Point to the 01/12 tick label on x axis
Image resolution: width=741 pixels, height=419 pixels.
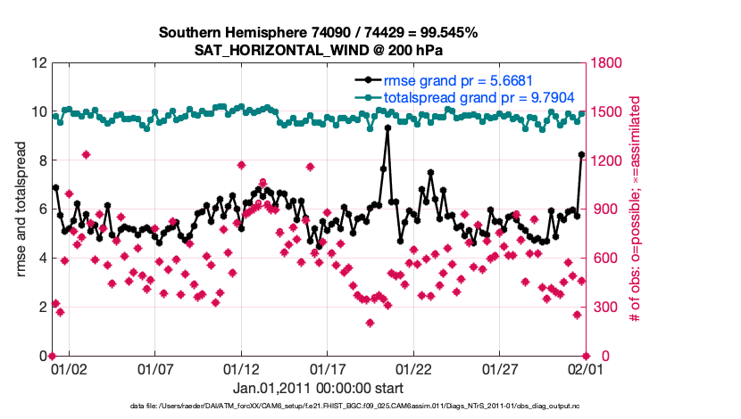(241, 367)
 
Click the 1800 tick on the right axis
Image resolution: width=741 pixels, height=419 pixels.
(606, 63)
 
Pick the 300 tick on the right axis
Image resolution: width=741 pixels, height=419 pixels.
(603, 308)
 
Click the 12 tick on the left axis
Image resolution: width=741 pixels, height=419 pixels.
(38, 63)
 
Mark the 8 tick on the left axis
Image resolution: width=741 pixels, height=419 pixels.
(42, 161)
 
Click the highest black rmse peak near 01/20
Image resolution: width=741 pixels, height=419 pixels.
(387, 127)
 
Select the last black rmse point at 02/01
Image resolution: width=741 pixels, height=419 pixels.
(581, 155)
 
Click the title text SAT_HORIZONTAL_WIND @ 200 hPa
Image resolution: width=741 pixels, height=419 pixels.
(319, 51)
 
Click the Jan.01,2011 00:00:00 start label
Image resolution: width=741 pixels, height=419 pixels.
(319, 389)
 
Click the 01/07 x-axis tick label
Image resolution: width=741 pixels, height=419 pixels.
(154, 367)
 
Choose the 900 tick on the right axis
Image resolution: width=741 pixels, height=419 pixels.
(603, 209)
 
